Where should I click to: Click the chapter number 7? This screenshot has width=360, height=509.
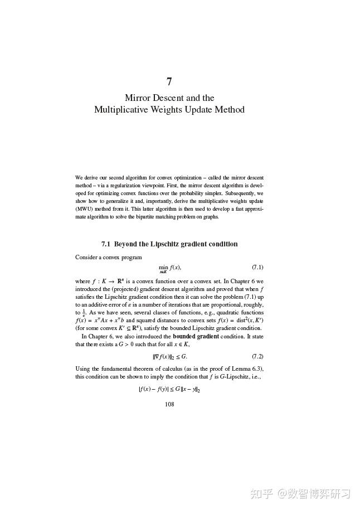pos(169,81)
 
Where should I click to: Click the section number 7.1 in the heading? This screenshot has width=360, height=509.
pos(106,244)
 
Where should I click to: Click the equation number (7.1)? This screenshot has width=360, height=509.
pos(257,268)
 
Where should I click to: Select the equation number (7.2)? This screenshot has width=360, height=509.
pos(257,356)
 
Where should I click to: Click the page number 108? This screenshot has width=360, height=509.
pos(169,404)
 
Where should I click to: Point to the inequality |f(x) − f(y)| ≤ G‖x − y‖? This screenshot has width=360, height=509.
pos(169,390)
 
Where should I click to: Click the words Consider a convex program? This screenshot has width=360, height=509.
pos(108,257)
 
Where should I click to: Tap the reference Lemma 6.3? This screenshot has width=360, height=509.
pos(247,369)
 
